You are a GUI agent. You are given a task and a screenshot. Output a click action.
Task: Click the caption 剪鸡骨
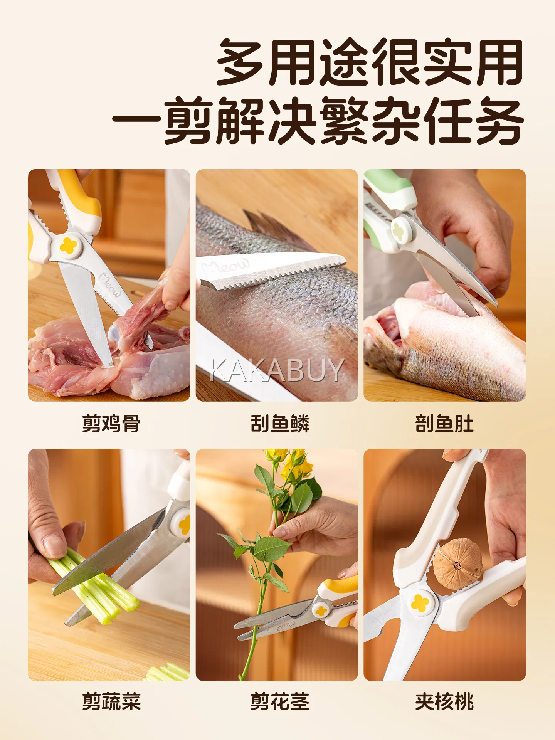pyautogui.click(x=111, y=423)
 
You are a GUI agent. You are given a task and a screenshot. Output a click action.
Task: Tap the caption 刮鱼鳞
pyautogui.click(x=280, y=423)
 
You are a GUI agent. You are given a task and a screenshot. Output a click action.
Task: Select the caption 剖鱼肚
pyautogui.click(x=444, y=423)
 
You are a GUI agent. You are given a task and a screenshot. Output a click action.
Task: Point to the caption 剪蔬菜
pyautogui.click(x=111, y=701)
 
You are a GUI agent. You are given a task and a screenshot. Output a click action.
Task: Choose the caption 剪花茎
pyautogui.click(x=280, y=701)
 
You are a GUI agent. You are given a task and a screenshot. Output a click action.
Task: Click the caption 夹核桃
pyautogui.click(x=444, y=701)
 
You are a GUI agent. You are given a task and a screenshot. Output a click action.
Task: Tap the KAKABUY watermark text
pyautogui.click(x=276, y=370)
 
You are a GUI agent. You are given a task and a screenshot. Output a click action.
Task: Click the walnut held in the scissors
pyautogui.click(x=457, y=564)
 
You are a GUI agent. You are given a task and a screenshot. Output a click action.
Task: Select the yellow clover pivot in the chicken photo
pyautogui.click(x=69, y=246)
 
